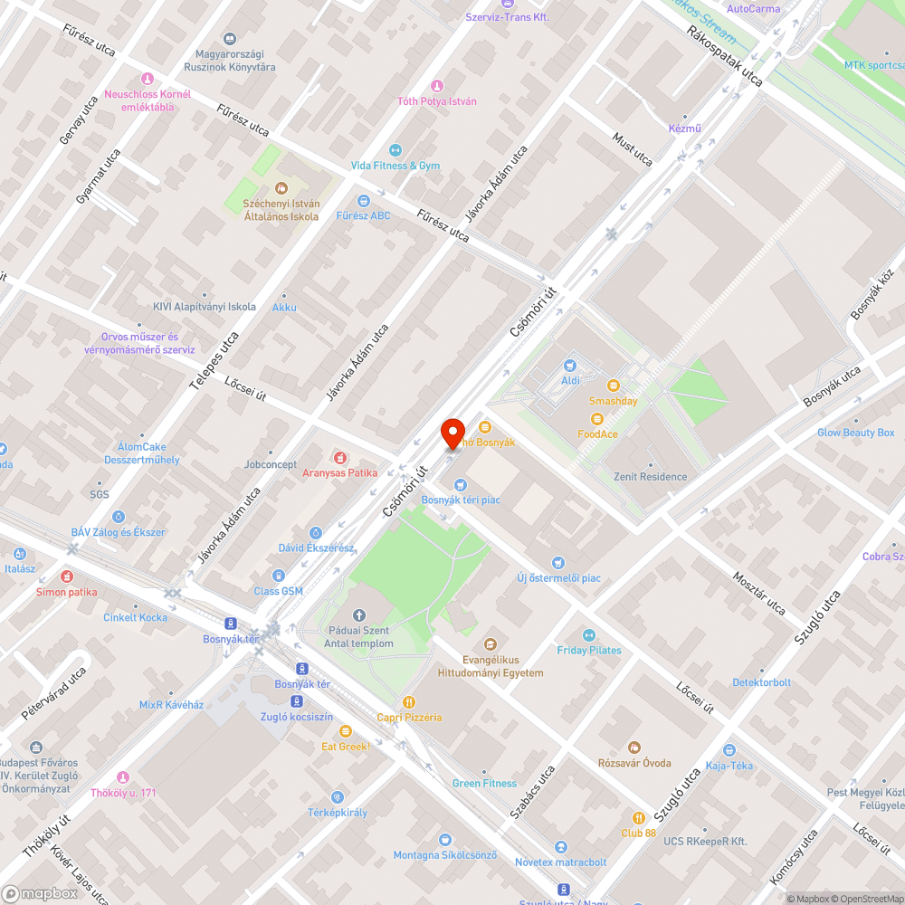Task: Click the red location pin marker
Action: tap(452, 433)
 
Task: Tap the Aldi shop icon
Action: tap(570, 366)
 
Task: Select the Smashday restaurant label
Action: tap(613, 401)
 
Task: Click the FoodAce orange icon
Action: tap(596, 418)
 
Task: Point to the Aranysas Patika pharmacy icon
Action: tap(340, 458)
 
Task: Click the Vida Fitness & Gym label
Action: tap(395, 166)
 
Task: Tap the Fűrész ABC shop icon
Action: tap(364, 201)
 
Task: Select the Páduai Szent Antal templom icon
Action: tap(358, 616)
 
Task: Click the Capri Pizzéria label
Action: tap(409, 718)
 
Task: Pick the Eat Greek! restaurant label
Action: tap(346, 747)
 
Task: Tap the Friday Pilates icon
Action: tap(589, 635)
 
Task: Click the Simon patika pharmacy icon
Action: tap(66, 576)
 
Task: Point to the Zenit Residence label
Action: tap(650, 477)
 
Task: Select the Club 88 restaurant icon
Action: tap(638, 817)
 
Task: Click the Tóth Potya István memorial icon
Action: tap(437, 86)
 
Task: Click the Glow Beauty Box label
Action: tap(855, 433)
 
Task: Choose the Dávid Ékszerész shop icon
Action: tap(316, 533)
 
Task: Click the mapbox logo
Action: tap(40, 892)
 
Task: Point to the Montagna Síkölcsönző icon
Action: tap(444, 840)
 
